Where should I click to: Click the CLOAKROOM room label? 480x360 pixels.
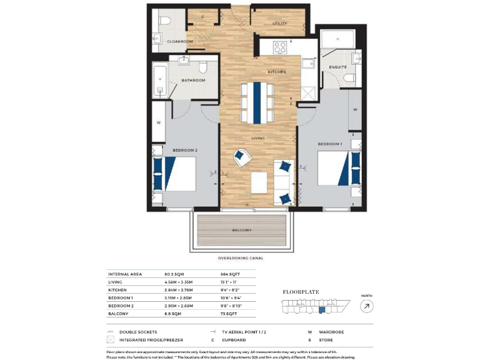tap(180, 41)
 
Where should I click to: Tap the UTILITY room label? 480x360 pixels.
tap(279, 24)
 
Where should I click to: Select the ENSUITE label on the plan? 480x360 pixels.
tap(338, 67)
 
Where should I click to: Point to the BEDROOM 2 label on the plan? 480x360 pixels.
tap(185, 150)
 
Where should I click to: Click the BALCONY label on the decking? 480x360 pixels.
tap(242, 231)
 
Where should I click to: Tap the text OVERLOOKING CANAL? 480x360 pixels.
tap(241, 257)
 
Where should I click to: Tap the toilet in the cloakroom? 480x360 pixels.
tap(164, 22)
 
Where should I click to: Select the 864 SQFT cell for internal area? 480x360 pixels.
tap(229, 274)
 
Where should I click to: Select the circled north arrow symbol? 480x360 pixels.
tap(366, 306)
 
